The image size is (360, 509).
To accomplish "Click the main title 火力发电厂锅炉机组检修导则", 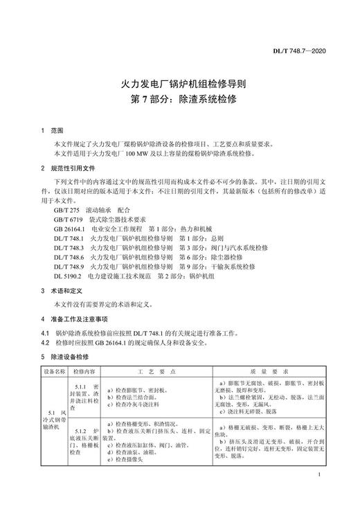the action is point(179,84).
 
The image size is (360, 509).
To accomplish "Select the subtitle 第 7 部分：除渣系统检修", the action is point(179,100).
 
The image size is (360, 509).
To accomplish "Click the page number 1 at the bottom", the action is point(317,475).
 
